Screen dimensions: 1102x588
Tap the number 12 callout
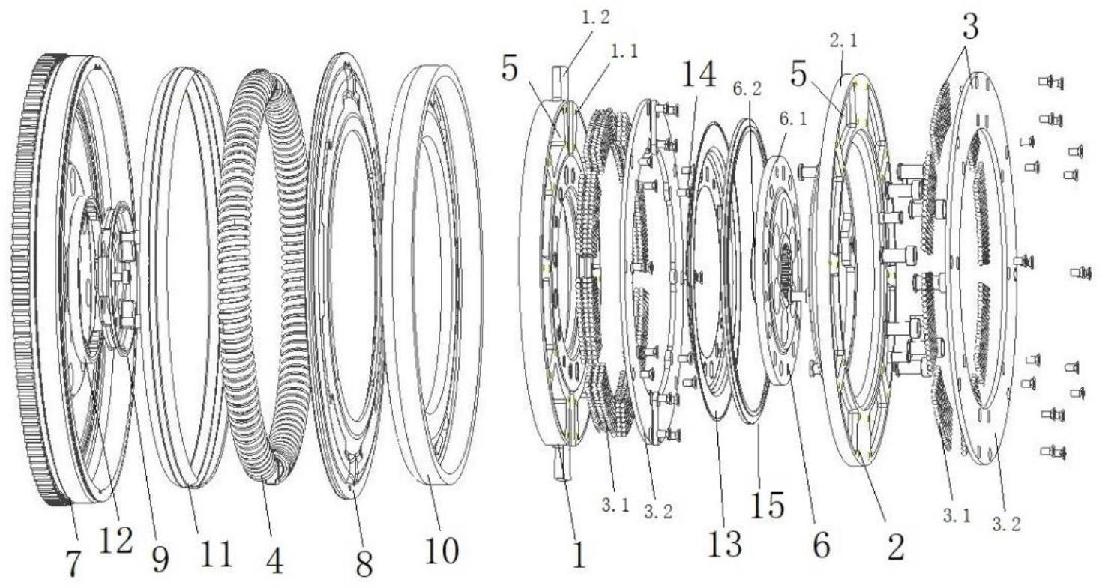pyautogui.click(x=115, y=540)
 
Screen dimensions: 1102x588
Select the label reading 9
pyautogui.click(x=160, y=560)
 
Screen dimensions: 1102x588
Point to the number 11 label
pyautogui.click(x=217, y=554)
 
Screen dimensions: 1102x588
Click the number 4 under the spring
pyautogui.click(x=274, y=560)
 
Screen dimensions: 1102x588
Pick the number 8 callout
pyautogui.click(x=364, y=564)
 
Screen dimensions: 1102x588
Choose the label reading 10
pyautogui.click(x=442, y=551)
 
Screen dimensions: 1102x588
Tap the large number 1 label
pyautogui.click(x=579, y=555)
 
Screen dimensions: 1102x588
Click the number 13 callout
pyautogui.click(x=724, y=545)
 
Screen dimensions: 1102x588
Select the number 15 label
pyautogui.click(x=768, y=505)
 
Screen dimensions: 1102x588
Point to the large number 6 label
pyautogui.click(x=822, y=545)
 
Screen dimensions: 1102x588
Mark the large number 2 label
pyautogui.click(x=895, y=548)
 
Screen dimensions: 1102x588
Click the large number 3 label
pyautogui.click(x=970, y=27)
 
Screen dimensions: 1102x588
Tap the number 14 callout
pyautogui.click(x=699, y=75)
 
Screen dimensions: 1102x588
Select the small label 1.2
pyautogui.click(x=595, y=18)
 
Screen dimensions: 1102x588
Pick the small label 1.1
pyautogui.click(x=623, y=51)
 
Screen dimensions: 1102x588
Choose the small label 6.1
pyautogui.click(x=793, y=118)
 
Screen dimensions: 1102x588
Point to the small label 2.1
pyautogui.click(x=843, y=40)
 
